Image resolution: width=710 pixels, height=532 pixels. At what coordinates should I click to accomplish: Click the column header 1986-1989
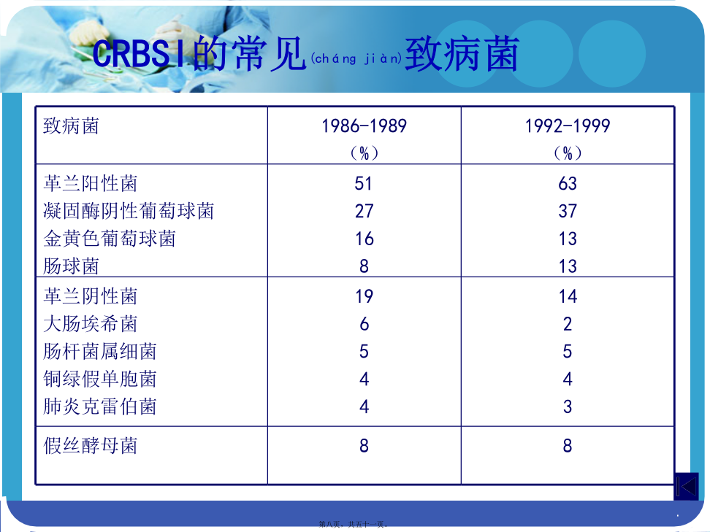tap(364, 126)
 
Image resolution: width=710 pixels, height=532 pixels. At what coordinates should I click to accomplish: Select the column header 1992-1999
tap(568, 126)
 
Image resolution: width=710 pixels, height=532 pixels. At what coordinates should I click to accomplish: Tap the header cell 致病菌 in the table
tap(71, 126)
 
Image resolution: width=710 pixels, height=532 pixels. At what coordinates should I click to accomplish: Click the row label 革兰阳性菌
tap(90, 183)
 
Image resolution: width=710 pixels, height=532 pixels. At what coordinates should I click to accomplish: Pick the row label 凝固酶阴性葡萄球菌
tap(129, 211)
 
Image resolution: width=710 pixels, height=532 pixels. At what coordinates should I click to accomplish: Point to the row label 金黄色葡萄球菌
tap(109, 239)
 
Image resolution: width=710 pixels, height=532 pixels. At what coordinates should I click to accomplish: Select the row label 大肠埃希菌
tap(90, 324)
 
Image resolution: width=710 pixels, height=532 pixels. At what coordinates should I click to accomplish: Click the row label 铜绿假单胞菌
tap(99, 379)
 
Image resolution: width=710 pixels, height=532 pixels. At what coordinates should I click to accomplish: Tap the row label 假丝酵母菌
tap(90, 446)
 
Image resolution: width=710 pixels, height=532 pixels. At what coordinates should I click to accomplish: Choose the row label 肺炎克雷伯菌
tap(99, 406)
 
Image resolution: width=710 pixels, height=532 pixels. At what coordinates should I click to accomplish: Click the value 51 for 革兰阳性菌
tap(364, 184)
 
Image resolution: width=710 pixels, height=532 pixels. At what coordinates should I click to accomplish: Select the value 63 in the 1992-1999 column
tap(568, 184)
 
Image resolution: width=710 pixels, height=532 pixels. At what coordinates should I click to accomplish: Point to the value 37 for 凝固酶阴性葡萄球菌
tap(568, 211)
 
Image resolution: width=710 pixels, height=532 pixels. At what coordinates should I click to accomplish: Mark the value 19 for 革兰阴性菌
tap(364, 297)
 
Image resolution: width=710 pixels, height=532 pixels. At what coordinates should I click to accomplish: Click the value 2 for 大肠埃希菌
tap(568, 324)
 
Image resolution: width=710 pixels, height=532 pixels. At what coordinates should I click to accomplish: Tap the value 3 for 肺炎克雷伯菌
tap(568, 406)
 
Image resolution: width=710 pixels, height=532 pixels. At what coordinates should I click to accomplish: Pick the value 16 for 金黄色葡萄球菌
tap(364, 239)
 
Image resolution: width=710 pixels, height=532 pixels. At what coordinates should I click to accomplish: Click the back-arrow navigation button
tap(687, 487)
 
